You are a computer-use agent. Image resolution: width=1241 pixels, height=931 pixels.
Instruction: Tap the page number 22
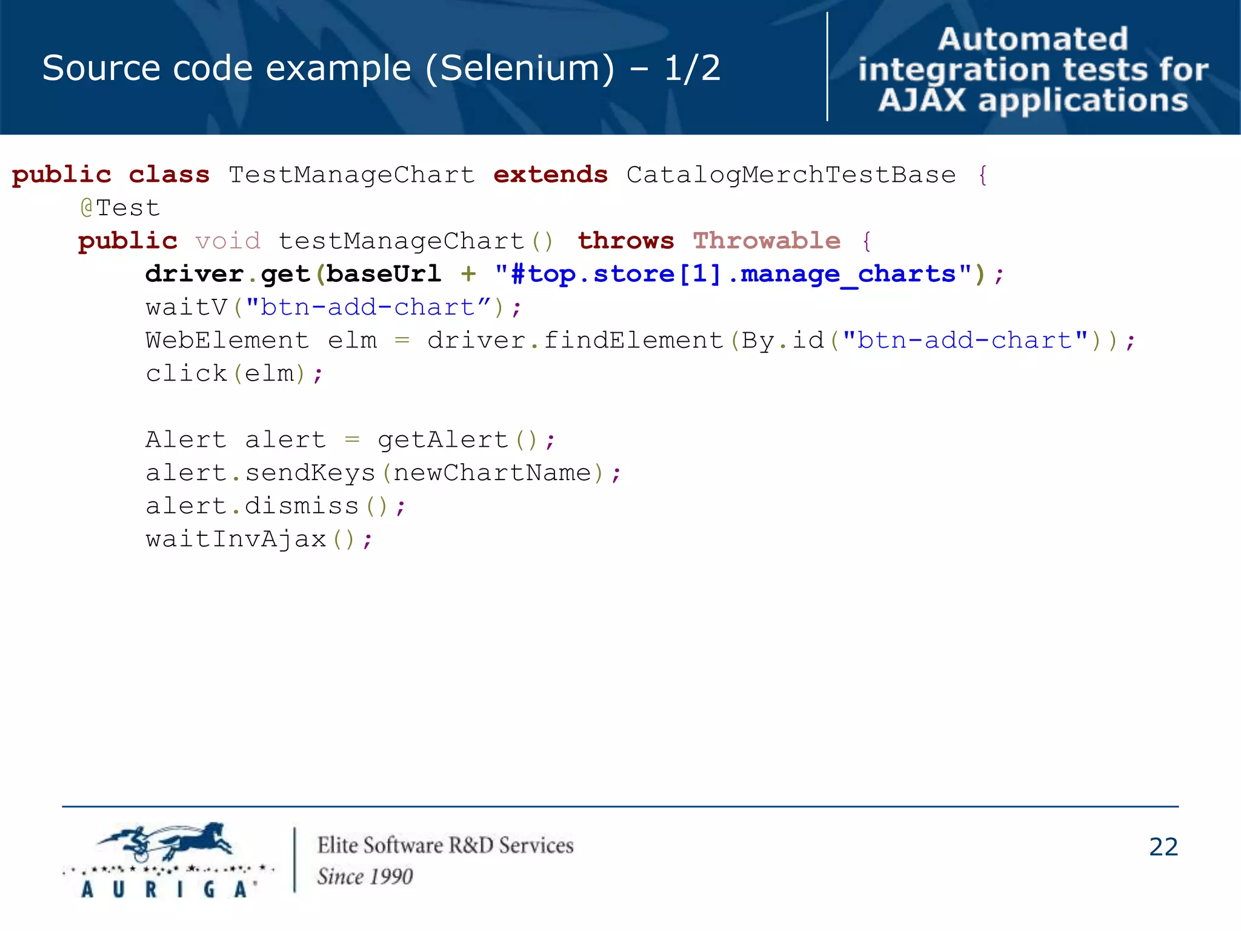coord(1163,847)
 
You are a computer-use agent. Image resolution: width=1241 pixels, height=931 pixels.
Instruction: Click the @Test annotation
coord(120,208)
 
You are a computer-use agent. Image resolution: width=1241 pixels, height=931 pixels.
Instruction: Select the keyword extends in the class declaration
coord(550,175)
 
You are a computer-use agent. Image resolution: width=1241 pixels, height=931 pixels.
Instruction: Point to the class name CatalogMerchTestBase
coord(791,175)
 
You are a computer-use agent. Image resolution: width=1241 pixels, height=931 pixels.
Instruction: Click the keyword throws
coord(625,241)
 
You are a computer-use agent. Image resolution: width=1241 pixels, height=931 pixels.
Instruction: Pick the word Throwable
coord(767,241)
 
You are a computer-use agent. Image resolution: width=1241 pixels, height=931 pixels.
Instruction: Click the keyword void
coord(228,241)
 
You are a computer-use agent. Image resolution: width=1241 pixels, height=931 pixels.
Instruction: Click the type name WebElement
coord(227,341)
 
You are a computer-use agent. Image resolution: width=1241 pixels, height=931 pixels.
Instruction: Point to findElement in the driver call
coord(633,341)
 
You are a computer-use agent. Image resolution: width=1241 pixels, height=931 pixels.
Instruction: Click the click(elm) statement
coord(234,373)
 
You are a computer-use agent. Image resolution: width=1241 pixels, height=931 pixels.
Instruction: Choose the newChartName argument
coord(492,473)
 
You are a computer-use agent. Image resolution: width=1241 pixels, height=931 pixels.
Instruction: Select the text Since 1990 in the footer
coord(365,876)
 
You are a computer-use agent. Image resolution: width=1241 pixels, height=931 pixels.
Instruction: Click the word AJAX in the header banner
coord(922,101)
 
